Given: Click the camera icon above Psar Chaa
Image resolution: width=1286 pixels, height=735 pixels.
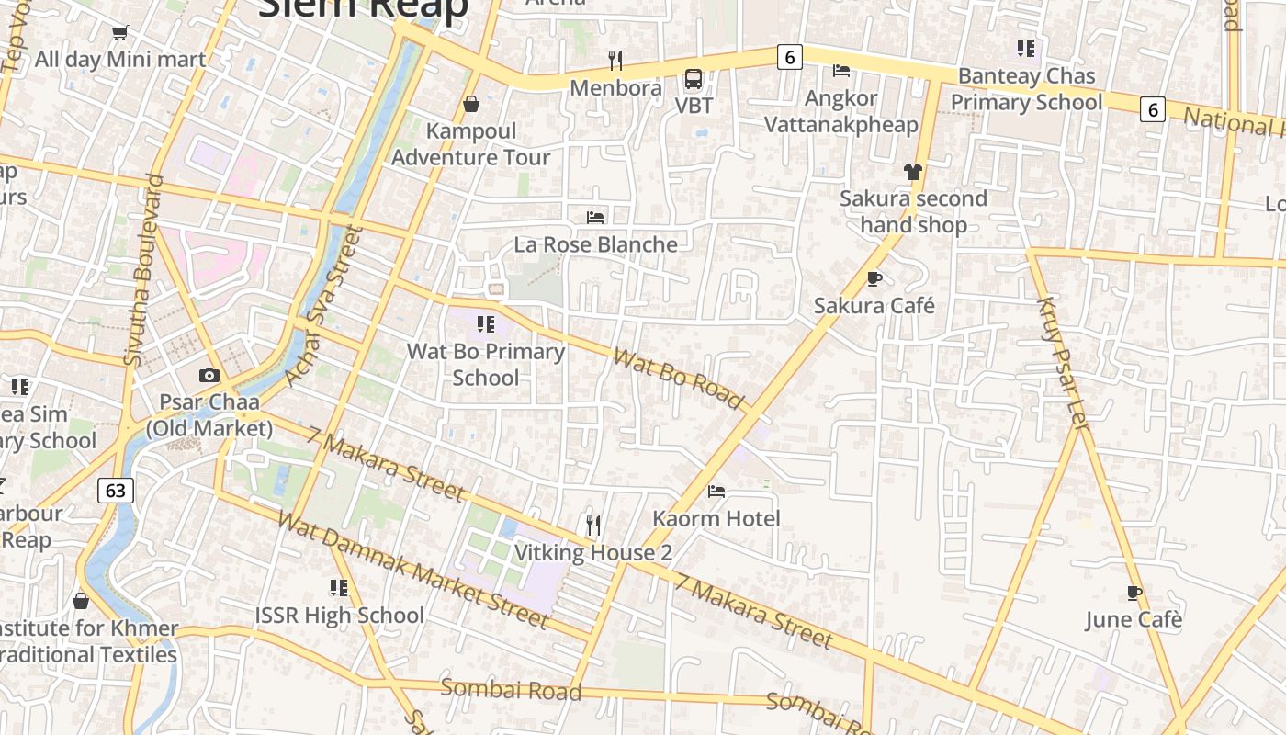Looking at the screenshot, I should point(209,375).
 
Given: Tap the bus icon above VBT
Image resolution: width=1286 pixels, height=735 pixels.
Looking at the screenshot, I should point(694,79).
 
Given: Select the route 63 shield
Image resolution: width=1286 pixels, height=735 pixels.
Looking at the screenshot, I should point(116,490).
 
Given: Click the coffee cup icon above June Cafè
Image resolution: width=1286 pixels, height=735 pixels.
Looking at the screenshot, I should point(1134,593).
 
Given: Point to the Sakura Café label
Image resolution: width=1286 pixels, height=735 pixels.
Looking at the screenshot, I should point(874,305).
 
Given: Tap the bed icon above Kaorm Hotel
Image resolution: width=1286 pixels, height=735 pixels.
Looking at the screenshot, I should point(716,492).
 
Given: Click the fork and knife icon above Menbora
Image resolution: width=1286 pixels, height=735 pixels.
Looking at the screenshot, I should point(615,61).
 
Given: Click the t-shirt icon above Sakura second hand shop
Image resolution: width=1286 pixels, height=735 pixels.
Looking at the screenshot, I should point(912,172).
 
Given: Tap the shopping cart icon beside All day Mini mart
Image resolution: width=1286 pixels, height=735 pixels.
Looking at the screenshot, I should point(119,34).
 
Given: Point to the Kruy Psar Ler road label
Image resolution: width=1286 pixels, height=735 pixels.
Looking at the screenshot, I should point(1062,362).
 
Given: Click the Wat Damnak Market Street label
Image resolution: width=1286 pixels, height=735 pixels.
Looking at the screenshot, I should point(412,570).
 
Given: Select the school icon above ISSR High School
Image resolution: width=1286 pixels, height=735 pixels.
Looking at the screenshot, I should point(339,587).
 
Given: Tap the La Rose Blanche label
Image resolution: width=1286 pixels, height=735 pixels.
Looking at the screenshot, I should point(595,244).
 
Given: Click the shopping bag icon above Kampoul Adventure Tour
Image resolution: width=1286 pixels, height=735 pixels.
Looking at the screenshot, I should point(471,104).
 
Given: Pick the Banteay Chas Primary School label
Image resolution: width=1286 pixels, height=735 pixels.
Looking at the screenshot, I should point(1026,88).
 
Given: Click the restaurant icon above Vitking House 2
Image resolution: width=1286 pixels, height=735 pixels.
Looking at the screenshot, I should point(593,526).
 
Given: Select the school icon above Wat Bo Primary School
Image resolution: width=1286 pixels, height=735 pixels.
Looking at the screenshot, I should point(486,323).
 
